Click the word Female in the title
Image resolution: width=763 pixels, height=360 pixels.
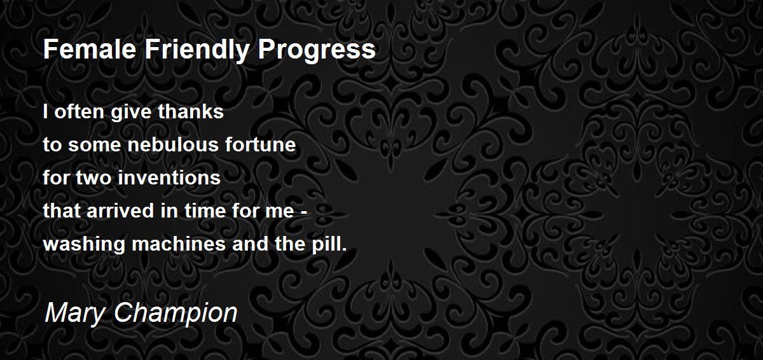pyautogui.click(x=90, y=49)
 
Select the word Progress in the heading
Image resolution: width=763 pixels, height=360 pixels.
pyautogui.click(x=317, y=51)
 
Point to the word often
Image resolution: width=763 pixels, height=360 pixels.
pyautogui.click(x=79, y=111)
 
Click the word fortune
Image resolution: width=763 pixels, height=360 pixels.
pyautogui.click(x=261, y=144)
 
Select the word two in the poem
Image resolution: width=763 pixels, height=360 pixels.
pyautogui.click(x=93, y=178)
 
